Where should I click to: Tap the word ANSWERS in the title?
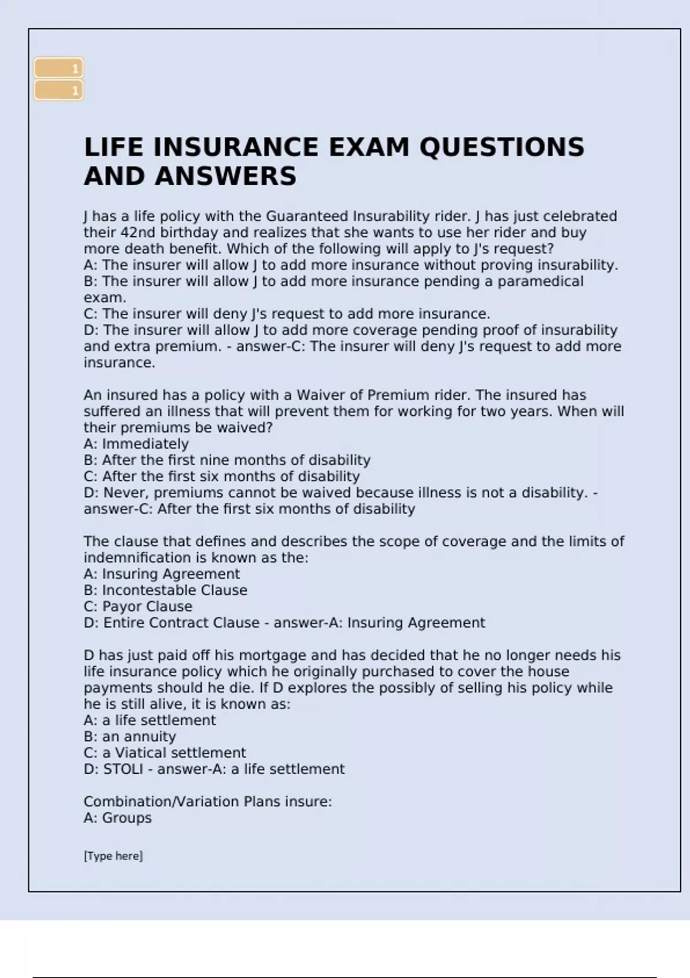pos(226,176)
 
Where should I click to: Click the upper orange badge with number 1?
pos(59,68)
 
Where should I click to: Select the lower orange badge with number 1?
pos(59,90)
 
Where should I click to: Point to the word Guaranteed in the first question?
pos(306,216)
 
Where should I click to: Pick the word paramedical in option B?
pos(540,281)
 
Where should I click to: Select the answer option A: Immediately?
pos(136,444)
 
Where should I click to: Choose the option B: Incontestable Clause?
pos(166,590)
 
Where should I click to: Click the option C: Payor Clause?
pos(138,606)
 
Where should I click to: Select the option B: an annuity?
pos(130,736)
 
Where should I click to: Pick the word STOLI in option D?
pos(123,769)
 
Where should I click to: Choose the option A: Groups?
pos(118,818)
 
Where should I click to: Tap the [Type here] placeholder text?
pos(113,856)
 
